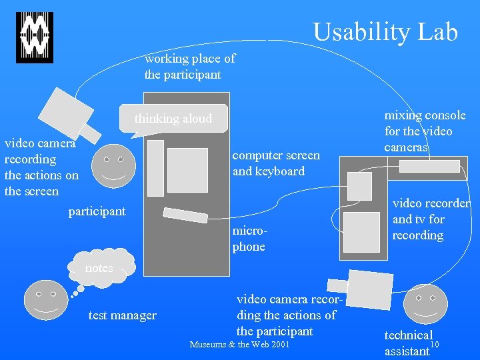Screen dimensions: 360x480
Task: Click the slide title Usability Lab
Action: tap(385, 31)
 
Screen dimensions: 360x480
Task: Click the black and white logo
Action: tap(34, 37)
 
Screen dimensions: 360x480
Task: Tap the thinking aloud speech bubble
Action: tap(173, 119)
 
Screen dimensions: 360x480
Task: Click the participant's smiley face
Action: tap(113, 165)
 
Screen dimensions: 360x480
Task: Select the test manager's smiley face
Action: tap(45, 301)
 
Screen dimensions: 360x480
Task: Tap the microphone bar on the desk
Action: tap(185, 215)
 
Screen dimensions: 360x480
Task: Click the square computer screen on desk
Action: tap(187, 170)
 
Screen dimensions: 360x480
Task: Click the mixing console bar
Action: tap(429, 166)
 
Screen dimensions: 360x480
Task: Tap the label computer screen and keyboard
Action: tap(275, 163)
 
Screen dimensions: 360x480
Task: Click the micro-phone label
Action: tap(248, 239)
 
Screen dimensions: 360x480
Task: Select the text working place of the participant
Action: tap(189, 67)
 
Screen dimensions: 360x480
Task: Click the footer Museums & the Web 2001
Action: tap(239, 345)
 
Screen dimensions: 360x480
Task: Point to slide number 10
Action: tap(435, 344)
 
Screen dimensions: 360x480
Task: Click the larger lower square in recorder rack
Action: tap(361, 231)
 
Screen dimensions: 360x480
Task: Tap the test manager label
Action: tap(122, 315)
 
